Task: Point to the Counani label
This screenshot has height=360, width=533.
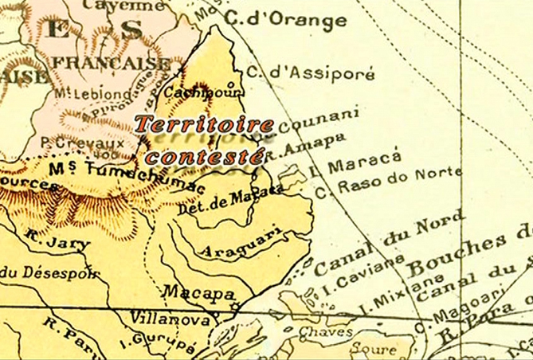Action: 312,122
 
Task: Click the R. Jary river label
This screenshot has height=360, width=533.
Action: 46,238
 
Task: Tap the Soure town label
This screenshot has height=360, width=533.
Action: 372,348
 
